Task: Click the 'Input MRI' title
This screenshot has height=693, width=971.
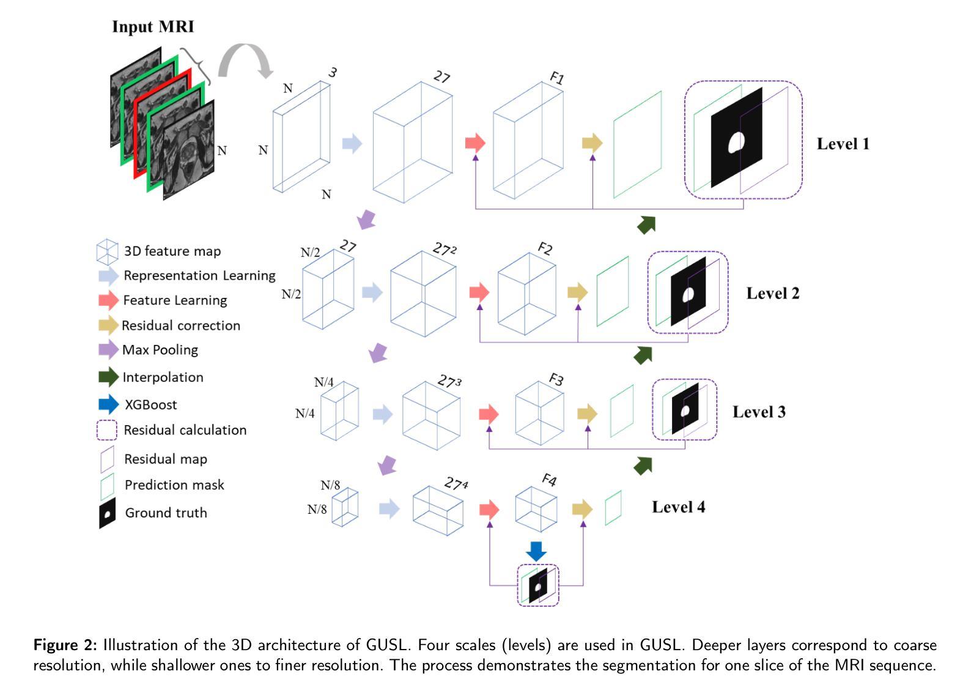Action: point(153,27)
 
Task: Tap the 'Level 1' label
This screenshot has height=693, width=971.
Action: point(843,144)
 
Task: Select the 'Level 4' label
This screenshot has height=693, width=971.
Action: point(678,507)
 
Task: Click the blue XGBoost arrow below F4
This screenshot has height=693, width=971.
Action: point(536,551)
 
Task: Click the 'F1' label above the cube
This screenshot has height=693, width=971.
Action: point(556,78)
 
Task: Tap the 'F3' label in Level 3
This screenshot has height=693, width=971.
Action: point(556,380)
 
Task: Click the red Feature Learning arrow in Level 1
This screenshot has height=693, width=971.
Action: point(475,143)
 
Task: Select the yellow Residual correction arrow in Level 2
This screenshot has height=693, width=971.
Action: point(577,292)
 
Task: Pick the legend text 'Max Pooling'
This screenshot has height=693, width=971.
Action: point(160,350)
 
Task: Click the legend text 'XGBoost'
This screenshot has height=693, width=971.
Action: point(151,405)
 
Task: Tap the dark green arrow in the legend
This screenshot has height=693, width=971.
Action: point(108,377)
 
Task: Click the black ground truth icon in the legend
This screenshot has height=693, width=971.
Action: point(108,513)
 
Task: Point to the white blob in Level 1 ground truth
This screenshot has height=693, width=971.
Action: point(736,143)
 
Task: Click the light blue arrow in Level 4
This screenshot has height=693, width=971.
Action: point(390,508)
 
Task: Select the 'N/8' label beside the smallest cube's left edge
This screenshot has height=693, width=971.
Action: point(317,509)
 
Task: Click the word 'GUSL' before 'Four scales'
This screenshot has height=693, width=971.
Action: point(386,645)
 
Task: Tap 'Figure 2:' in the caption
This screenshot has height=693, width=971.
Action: point(65,645)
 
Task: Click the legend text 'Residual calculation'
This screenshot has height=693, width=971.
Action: point(185,430)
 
